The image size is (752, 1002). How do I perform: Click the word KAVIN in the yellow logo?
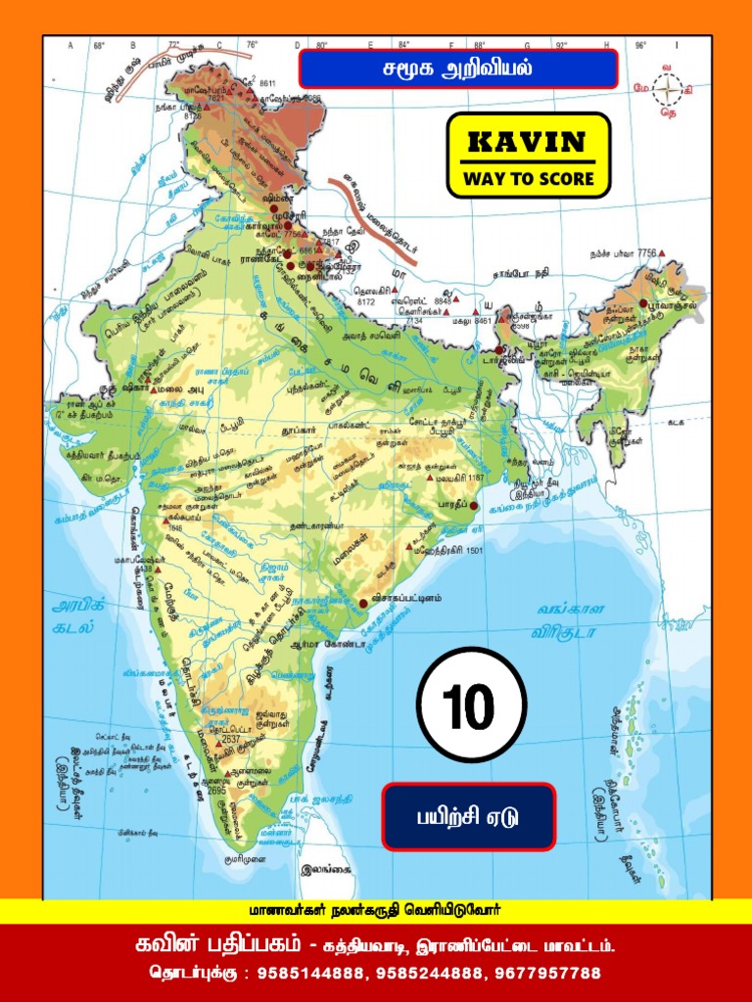tap(528, 143)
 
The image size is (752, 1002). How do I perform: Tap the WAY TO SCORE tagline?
tap(528, 179)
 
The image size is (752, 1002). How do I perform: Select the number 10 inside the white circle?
tap(471, 706)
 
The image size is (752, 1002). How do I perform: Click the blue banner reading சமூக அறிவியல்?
tap(457, 69)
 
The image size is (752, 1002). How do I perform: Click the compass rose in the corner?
tap(669, 90)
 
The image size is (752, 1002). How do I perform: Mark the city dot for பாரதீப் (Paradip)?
tap(474, 506)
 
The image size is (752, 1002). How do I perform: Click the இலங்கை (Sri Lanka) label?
tap(327, 868)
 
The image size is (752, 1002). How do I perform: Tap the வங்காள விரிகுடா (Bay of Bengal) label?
tap(571, 618)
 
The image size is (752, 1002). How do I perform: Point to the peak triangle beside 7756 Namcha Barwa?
tap(662, 253)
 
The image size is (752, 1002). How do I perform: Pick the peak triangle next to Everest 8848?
tap(458, 301)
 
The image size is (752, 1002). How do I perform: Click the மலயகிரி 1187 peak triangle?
tap(429, 478)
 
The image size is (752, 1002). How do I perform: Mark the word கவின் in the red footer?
tap(165, 946)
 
